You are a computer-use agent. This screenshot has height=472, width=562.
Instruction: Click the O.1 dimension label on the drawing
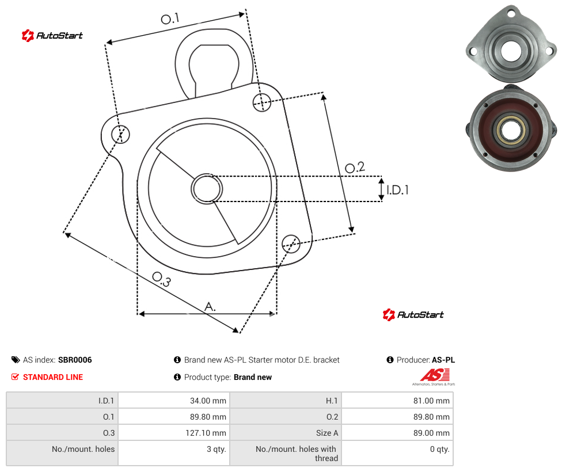pyautogui.click(x=170, y=18)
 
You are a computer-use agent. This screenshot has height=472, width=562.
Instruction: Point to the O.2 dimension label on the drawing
pyautogui.click(x=355, y=168)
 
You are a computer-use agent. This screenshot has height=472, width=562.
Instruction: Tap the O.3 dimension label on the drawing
pyautogui.click(x=162, y=279)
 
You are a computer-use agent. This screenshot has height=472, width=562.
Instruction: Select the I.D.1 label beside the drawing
pyautogui.click(x=397, y=190)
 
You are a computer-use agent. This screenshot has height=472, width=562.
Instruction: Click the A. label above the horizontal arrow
pyautogui.click(x=210, y=307)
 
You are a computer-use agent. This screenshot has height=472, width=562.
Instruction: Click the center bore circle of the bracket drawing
pyautogui.click(x=207, y=189)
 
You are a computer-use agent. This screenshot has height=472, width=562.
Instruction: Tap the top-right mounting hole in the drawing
pyautogui.click(x=262, y=102)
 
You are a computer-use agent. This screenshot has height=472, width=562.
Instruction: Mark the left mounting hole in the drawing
pyautogui.click(x=120, y=134)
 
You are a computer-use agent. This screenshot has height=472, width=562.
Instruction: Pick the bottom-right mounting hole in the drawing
pyautogui.click(x=291, y=243)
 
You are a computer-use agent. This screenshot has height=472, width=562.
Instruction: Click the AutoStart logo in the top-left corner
pyautogui.click(x=52, y=36)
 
